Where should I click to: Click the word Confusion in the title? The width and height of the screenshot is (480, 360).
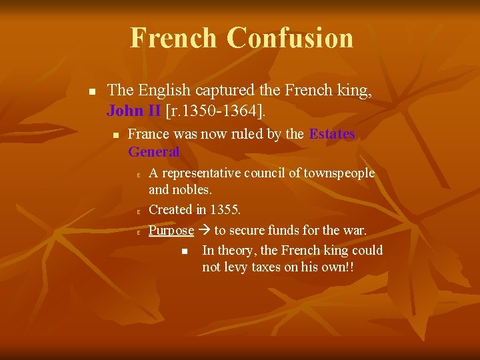click(x=290, y=38)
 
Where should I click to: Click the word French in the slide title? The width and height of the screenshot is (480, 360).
click(x=173, y=38)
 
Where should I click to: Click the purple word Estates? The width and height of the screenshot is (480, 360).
click(x=332, y=134)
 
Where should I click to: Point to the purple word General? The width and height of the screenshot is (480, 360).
click(x=153, y=151)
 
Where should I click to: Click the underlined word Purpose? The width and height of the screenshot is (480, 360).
click(x=171, y=231)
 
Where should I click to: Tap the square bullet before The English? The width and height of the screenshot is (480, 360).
click(x=93, y=91)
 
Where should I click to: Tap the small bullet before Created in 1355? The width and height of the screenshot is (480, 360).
click(x=137, y=211)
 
